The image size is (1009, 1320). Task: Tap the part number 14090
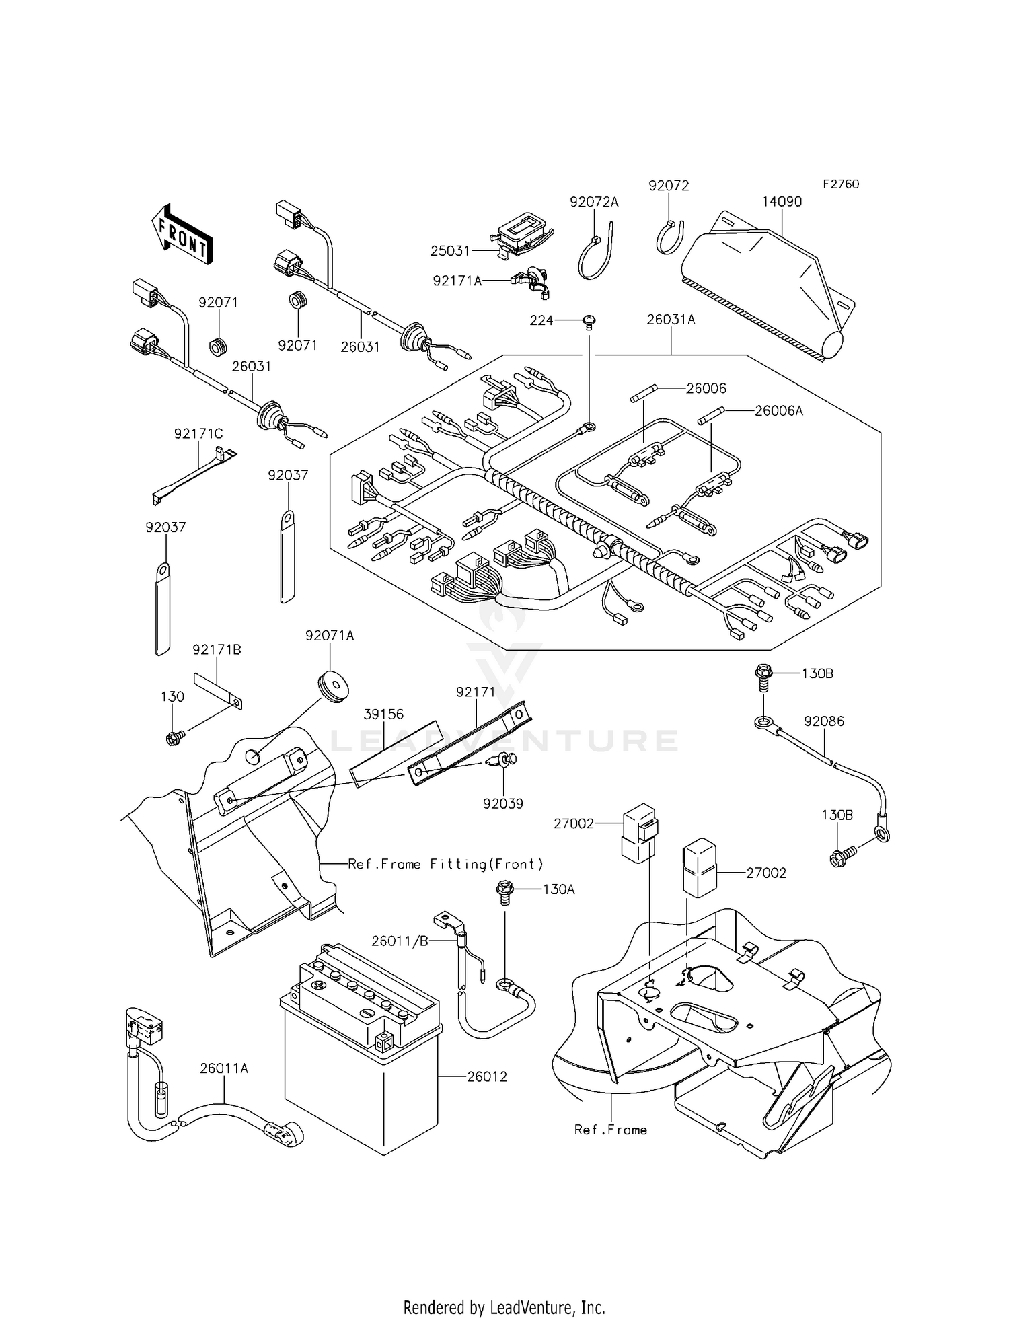click(782, 201)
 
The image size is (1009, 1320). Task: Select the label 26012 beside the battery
click(487, 1076)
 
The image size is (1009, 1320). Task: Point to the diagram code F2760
click(840, 184)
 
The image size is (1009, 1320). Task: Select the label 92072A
click(593, 201)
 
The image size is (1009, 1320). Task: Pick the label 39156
click(384, 713)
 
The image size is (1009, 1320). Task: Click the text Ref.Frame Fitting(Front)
click(445, 863)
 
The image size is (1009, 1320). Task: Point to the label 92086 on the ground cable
click(823, 721)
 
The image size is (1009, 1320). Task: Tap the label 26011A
click(223, 1068)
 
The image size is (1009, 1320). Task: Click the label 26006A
click(778, 410)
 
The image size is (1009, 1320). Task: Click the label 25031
click(450, 250)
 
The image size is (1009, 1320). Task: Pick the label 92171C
click(198, 434)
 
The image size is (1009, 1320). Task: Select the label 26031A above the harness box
click(671, 320)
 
